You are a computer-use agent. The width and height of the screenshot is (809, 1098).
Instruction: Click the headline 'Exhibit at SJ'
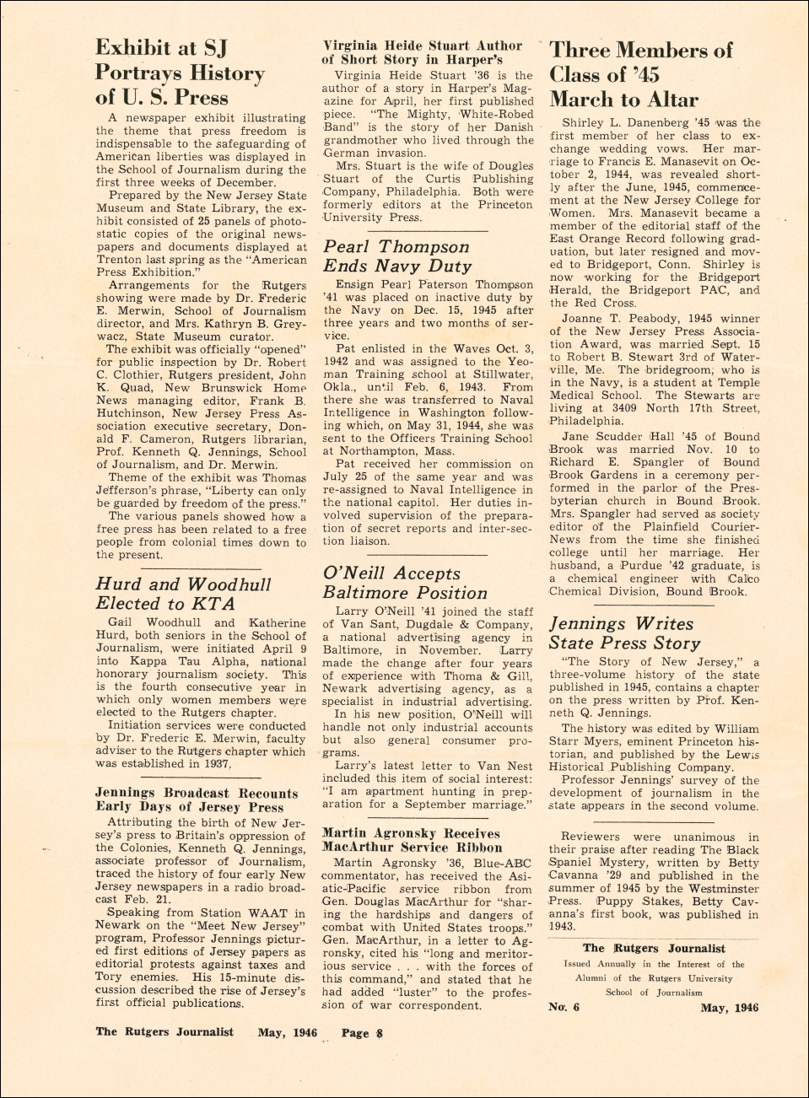click(161, 48)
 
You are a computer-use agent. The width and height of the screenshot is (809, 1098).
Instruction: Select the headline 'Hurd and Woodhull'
click(183, 584)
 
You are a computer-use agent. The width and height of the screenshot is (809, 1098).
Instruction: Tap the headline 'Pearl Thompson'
click(396, 247)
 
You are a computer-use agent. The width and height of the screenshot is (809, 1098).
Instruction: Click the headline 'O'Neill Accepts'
click(391, 573)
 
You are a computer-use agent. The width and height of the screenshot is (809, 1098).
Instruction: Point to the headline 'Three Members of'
click(641, 51)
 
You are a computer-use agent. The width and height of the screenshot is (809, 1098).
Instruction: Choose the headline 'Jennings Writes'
click(621, 624)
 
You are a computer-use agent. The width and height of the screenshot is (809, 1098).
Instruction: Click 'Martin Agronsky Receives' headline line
click(411, 833)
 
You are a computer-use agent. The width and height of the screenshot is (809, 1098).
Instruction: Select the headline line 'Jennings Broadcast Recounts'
click(197, 794)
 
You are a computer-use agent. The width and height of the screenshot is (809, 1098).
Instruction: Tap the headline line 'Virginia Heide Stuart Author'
click(422, 46)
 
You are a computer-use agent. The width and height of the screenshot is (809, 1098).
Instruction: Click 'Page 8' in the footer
click(362, 1032)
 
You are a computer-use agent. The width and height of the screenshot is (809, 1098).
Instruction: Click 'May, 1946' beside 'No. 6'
click(729, 1007)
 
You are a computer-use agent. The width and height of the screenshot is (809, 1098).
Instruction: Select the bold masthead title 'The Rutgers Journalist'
click(654, 949)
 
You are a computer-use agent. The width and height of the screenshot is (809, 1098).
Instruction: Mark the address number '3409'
click(629, 408)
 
